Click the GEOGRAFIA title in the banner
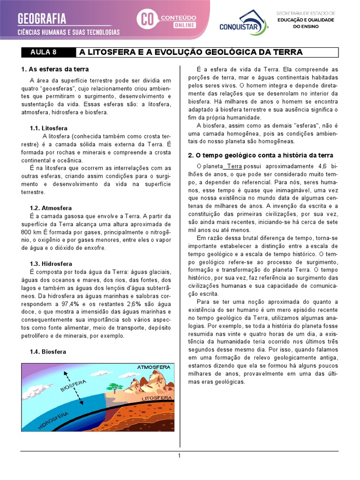[x=42, y=19]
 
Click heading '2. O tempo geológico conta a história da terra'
[x=261, y=155]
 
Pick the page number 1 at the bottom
[x=179, y=456]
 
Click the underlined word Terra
[x=234, y=166]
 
